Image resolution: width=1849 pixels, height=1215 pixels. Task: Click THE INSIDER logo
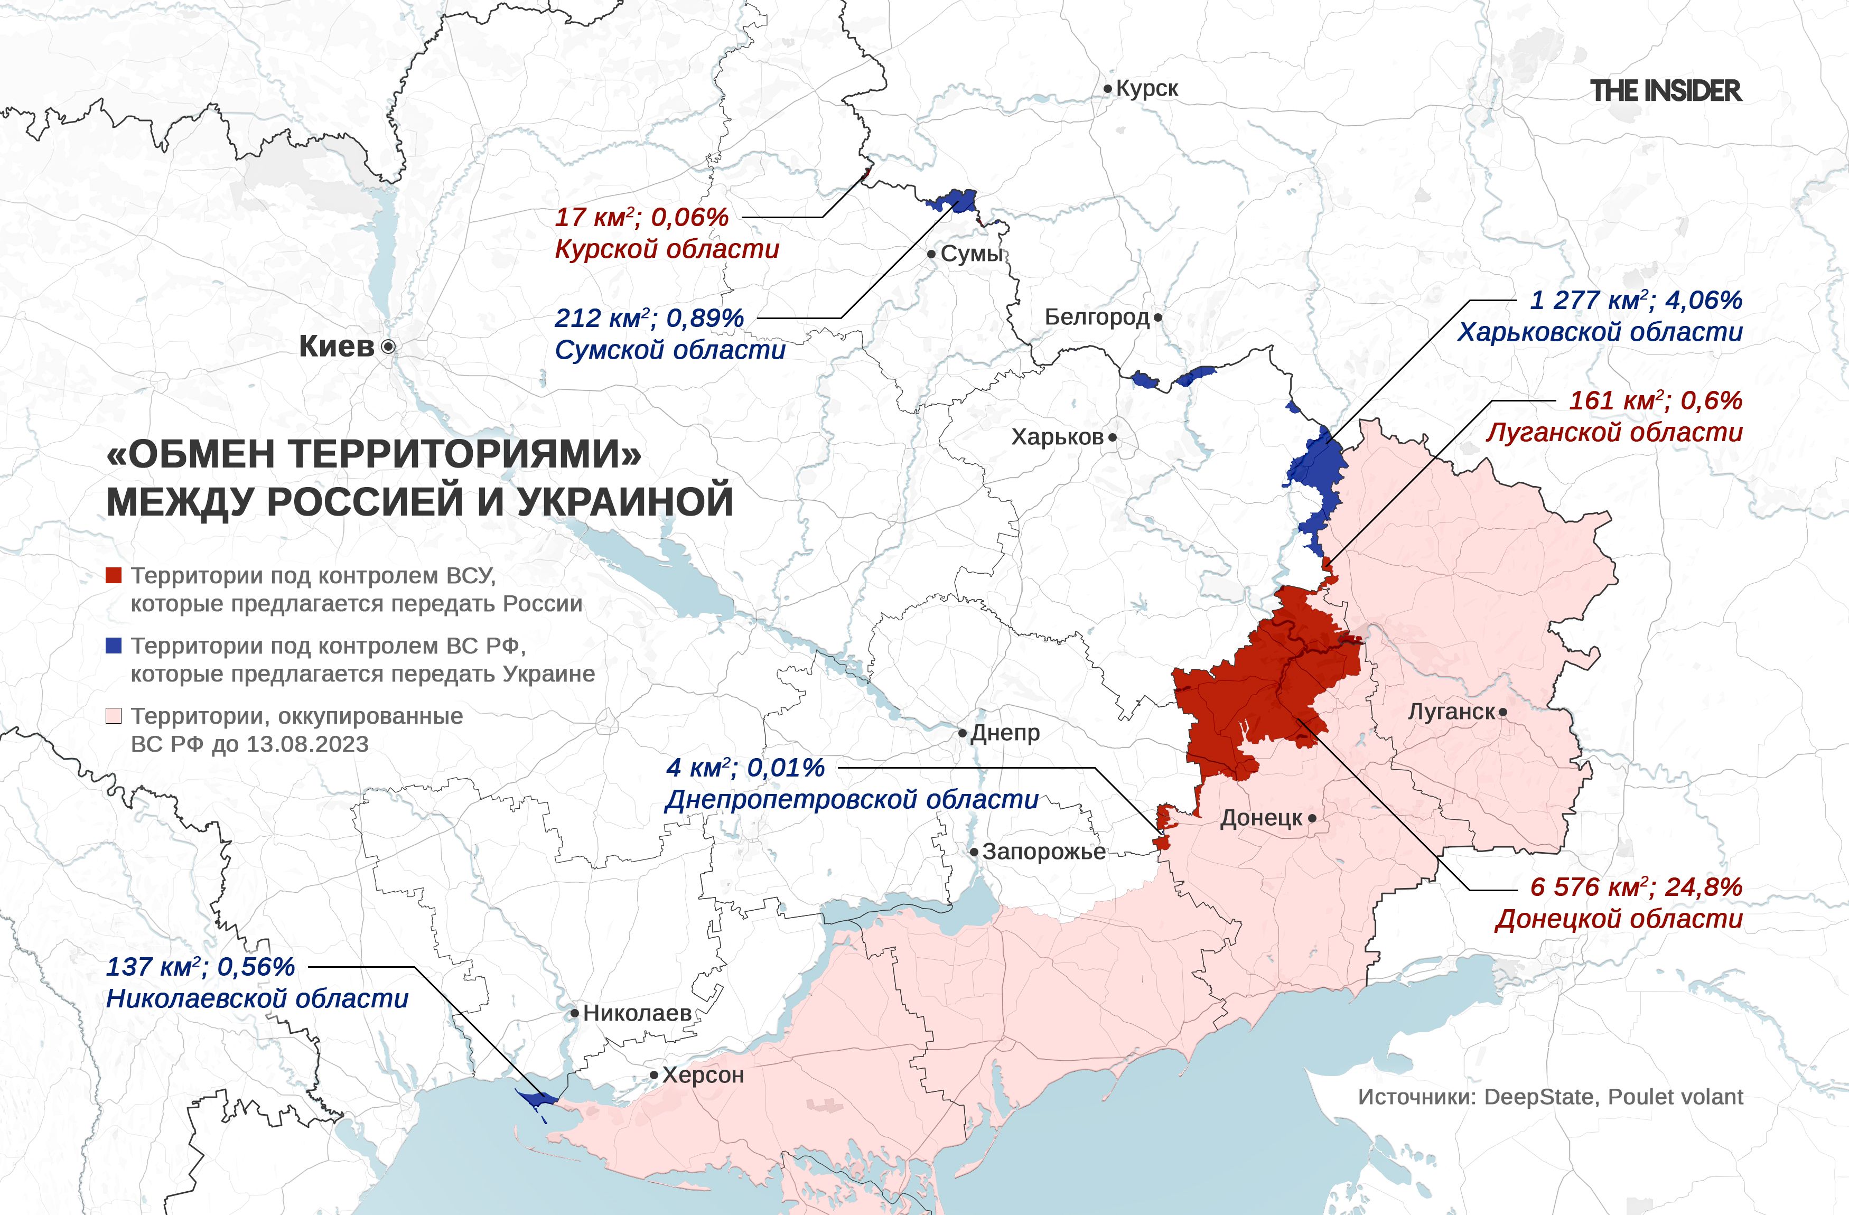point(1666,91)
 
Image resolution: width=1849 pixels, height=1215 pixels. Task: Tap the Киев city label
point(337,347)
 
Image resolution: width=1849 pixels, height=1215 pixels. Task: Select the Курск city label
point(1147,89)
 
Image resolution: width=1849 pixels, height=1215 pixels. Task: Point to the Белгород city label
point(1096,317)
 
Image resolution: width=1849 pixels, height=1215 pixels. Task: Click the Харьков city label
point(1057,437)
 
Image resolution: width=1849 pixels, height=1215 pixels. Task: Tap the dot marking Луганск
point(1504,712)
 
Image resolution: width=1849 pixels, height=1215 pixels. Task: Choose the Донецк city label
point(1261,818)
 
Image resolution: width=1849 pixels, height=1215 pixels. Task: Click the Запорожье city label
point(1043,852)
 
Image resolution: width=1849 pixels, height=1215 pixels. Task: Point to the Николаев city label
point(637,1013)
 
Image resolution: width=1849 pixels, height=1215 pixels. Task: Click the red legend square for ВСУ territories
point(114,576)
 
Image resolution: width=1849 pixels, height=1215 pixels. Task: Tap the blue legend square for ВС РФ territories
point(114,646)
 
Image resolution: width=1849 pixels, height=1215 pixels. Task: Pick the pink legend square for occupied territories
point(114,715)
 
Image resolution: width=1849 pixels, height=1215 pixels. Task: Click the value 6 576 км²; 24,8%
point(1636,887)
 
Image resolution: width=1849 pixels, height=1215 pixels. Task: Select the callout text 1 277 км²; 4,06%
point(1636,300)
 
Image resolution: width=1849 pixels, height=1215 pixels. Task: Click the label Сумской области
point(670,350)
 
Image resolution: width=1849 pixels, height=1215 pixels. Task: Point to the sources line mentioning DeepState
point(1550,1097)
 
